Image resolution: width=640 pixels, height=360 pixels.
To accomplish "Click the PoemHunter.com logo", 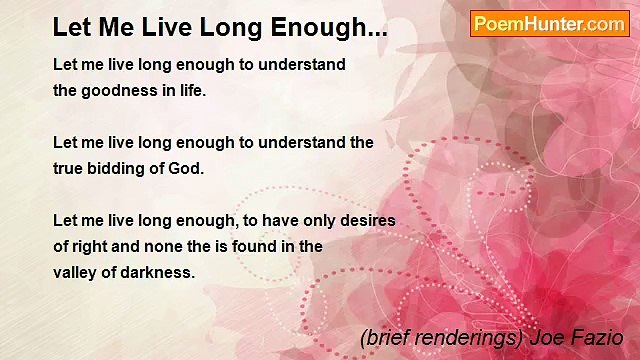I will (549, 24).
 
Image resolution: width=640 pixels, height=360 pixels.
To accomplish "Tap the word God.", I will (186, 168).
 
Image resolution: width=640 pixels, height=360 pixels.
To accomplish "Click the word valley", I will (75, 272).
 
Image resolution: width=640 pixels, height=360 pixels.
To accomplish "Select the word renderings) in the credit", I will (466, 339).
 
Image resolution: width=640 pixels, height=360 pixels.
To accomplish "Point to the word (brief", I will (384, 339).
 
